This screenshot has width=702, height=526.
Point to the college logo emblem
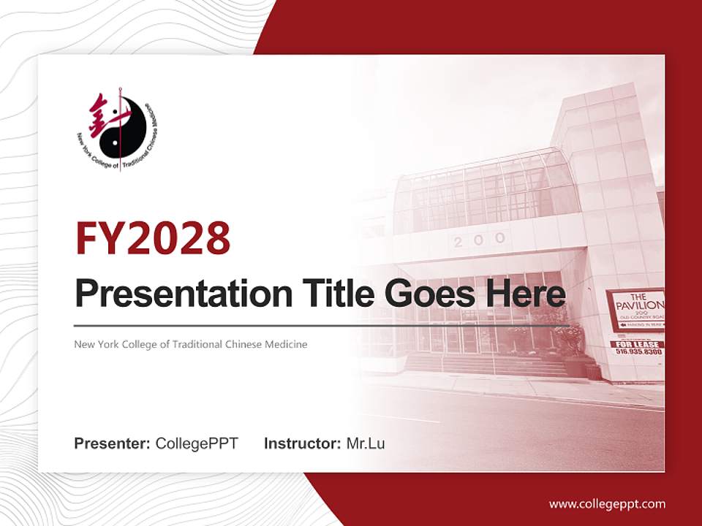pos(117,131)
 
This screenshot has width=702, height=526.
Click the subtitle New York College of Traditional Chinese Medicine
pos(191,344)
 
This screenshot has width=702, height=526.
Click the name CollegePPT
pos(197,443)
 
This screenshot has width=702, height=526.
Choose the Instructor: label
pos(302,443)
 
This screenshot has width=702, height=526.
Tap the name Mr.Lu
pos(366,443)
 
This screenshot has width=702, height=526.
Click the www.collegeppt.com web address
pos(607,504)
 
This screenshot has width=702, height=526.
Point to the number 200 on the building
pos(479,240)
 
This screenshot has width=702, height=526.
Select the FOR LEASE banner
pos(636,343)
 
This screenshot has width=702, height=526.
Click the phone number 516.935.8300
pos(638,352)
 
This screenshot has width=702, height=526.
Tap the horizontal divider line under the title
pos(322,326)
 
